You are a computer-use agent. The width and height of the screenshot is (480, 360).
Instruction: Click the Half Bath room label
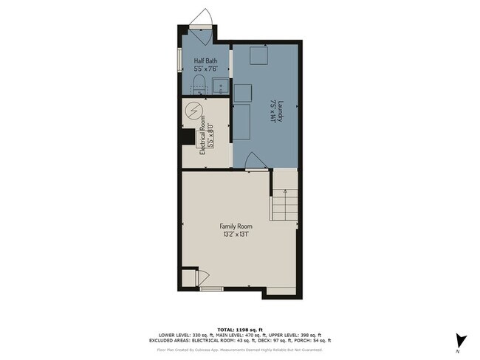click(205, 61)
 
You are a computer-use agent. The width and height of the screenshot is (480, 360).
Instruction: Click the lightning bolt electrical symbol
click(194, 111)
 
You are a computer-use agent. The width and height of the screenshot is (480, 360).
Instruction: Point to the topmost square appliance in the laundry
click(258, 56)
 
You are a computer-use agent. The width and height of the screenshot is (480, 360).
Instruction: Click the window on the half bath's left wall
click(179, 59)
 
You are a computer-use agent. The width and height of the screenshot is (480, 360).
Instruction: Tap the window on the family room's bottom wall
click(212, 289)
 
